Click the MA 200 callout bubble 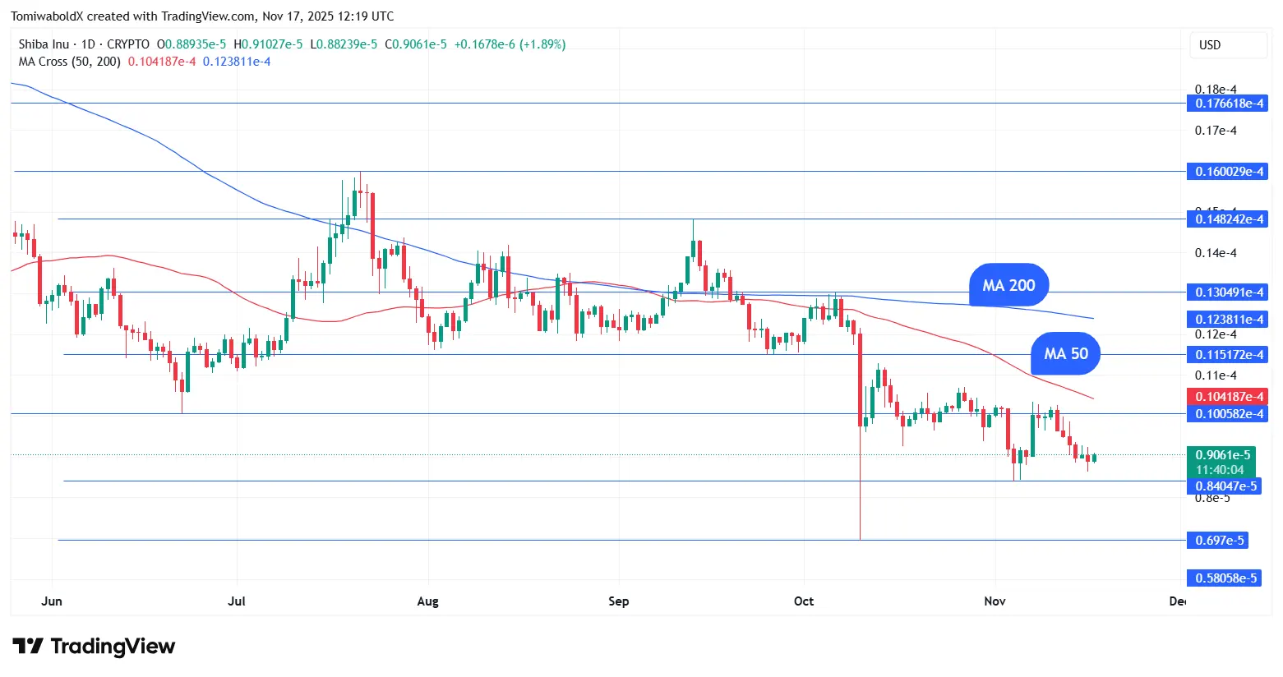[1008, 285]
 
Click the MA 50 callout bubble [1065, 353]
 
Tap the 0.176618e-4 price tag [1228, 104]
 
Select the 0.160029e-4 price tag [1228, 172]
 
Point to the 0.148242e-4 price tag [1228, 219]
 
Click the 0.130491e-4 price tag [1228, 292]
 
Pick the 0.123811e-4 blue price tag [1228, 320]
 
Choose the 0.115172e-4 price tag [1228, 355]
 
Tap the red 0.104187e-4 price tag [1228, 397]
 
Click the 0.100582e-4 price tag [1228, 414]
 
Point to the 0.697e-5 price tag [1217, 541]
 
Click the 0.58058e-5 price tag [1224, 578]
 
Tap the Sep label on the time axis [619, 601]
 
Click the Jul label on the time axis [237, 601]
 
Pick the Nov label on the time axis [995, 601]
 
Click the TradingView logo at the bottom [94, 647]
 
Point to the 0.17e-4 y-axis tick [1216, 131]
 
